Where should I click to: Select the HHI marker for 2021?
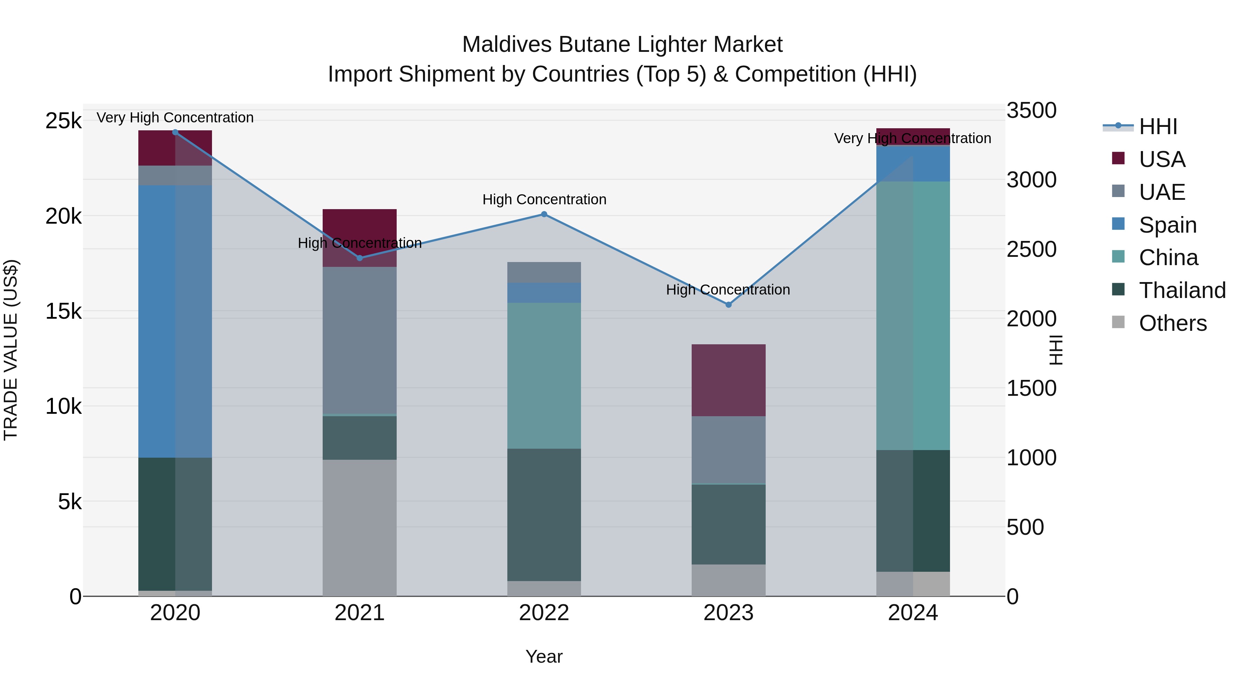tap(360, 258)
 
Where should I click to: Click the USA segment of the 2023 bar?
tap(728, 380)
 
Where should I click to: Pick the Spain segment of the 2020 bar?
tap(175, 321)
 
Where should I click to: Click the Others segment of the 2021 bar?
tap(360, 528)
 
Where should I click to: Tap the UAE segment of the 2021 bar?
tap(360, 340)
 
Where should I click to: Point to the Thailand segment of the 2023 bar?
tap(728, 524)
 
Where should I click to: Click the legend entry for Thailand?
tap(1182, 290)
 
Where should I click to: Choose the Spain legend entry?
tap(1167, 225)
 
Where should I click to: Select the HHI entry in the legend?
tap(1158, 127)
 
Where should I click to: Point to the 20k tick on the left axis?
tap(63, 216)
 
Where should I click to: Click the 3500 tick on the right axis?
tap(1031, 110)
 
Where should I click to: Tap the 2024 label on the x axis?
tap(913, 613)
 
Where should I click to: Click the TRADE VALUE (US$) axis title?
tap(11, 350)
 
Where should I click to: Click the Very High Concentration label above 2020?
tap(175, 118)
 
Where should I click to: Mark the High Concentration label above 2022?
tap(544, 199)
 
